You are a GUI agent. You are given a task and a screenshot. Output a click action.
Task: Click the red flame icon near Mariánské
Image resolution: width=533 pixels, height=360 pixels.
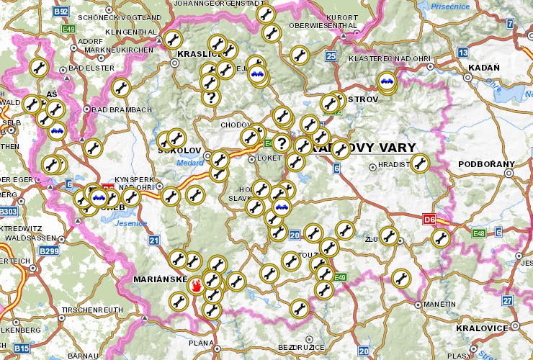[x=195, y=287]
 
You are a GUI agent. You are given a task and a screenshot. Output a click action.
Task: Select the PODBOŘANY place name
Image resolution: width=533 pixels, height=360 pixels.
[x=487, y=164]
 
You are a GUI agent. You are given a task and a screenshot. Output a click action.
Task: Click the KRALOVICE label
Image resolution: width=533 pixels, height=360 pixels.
[x=482, y=328]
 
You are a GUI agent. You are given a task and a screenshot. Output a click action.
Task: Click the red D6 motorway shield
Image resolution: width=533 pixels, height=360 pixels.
[x=429, y=218]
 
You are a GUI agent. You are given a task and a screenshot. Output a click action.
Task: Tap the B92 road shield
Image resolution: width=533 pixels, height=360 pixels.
[x=61, y=12]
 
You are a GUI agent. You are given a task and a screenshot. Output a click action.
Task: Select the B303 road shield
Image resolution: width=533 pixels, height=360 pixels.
[x=9, y=212]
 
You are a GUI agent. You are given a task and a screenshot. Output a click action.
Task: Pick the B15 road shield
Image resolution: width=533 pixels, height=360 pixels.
[x=22, y=348]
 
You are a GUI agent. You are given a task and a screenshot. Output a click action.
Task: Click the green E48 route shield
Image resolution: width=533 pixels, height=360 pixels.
[x=478, y=233]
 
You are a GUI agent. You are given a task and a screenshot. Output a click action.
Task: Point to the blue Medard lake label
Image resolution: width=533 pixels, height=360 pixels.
[x=190, y=162]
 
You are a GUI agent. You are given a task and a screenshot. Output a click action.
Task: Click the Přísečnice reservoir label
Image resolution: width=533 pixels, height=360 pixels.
[x=450, y=6]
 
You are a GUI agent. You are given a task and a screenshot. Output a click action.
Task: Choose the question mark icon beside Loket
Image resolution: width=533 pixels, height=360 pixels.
[x=281, y=143]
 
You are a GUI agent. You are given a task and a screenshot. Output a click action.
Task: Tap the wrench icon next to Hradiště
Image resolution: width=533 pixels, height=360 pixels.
[x=420, y=163]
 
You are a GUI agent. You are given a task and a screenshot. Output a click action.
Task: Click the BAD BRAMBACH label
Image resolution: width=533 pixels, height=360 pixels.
[x=122, y=109]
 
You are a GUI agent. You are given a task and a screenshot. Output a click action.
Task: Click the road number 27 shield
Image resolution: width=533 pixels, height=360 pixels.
[x=508, y=300]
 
